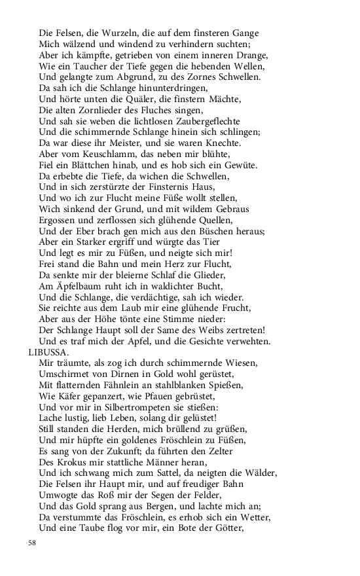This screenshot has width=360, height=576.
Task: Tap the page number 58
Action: click(x=32, y=543)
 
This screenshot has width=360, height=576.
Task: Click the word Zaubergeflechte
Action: click(x=207, y=121)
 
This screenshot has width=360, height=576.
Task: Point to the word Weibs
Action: click(x=234, y=331)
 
